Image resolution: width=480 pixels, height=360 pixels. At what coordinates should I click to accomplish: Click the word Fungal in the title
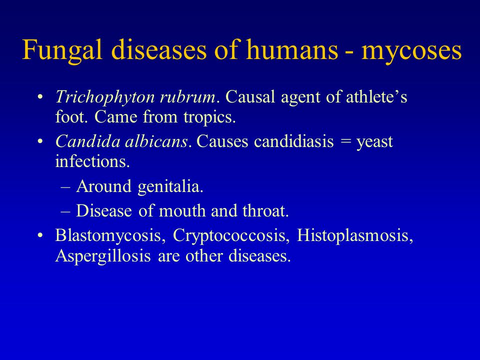62,50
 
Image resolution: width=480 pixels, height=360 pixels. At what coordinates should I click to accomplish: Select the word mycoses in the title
411,51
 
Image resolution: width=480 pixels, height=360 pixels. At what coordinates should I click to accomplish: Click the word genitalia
170,186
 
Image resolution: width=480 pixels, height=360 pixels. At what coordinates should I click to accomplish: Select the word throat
265,210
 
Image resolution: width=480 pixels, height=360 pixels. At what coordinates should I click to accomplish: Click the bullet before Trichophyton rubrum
39,97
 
